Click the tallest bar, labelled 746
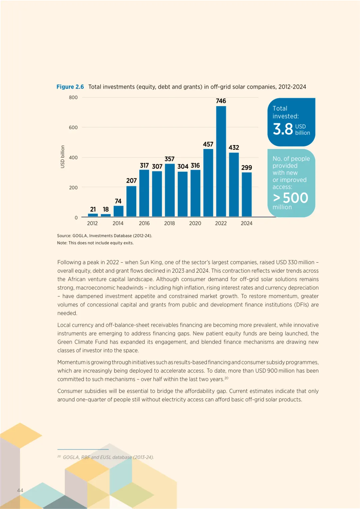click(221, 161)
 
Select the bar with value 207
click(131, 201)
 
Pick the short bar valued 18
click(106, 215)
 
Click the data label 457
click(208, 144)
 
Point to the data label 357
click(169, 159)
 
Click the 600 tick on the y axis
click(73, 127)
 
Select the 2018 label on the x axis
click(169, 223)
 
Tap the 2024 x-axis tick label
click(247, 223)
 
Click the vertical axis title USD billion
click(62, 157)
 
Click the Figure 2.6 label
click(70, 87)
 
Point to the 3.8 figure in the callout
click(283, 129)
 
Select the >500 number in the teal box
click(291, 198)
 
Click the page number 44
click(20, 490)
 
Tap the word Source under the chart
click(64, 236)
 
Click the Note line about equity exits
click(95, 243)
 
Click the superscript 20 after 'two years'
click(226, 378)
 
